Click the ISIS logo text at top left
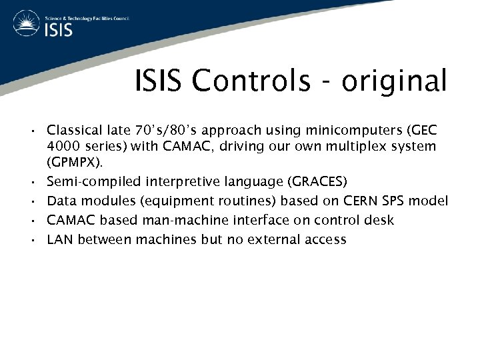[58, 30]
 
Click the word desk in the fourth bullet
[379, 221]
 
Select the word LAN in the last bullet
[60, 240]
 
